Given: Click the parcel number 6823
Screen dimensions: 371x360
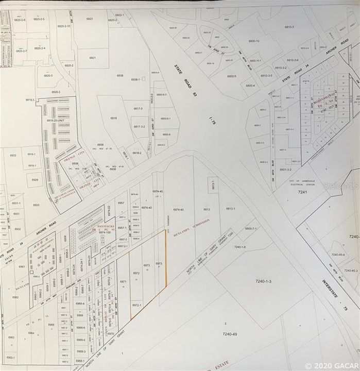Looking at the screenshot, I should coord(90,19).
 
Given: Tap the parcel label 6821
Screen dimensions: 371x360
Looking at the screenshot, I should coord(93,58).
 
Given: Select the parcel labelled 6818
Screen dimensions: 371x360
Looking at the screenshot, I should coord(114,119).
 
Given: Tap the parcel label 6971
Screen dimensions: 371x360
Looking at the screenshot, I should coord(123,281).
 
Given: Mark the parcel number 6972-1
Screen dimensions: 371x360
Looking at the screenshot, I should coord(136,305).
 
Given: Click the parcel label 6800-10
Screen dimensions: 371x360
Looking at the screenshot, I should coord(254,41).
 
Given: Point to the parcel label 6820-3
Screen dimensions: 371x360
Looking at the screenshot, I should coord(48,75).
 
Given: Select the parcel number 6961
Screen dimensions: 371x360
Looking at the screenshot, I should coord(22,266).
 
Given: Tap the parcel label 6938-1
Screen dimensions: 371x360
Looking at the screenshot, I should coord(136,79).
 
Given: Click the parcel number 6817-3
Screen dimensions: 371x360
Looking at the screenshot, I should coord(138,109).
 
